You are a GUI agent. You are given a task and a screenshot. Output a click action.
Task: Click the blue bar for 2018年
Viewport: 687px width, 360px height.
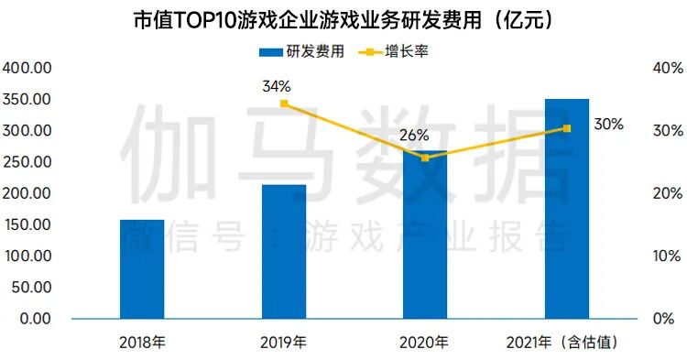tap(142, 269)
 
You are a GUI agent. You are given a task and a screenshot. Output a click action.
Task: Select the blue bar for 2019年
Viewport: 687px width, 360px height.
tap(284, 252)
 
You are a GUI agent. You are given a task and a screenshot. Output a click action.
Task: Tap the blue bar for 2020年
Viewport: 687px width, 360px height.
tap(425, 235)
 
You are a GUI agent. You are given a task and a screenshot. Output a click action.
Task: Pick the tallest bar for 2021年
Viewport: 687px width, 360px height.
tap(566, 209)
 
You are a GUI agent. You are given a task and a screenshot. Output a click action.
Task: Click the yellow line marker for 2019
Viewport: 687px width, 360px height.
tap(284, 104)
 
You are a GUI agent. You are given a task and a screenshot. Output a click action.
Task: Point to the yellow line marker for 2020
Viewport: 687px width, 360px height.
tap(425, 158)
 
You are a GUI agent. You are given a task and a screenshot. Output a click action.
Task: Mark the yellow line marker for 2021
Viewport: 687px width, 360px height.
tap(566, 128)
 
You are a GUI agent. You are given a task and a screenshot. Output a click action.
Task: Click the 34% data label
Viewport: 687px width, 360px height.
tap(276, 86)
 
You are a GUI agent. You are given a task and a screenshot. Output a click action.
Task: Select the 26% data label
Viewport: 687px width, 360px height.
tap(414, 136)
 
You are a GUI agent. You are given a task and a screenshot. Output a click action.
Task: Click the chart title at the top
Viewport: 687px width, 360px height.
tap(343, 19)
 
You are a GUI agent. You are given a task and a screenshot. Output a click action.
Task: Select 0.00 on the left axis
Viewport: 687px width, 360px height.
tap(34, 319)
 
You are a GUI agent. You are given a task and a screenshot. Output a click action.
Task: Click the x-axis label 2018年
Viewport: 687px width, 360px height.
tap(142, 344)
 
